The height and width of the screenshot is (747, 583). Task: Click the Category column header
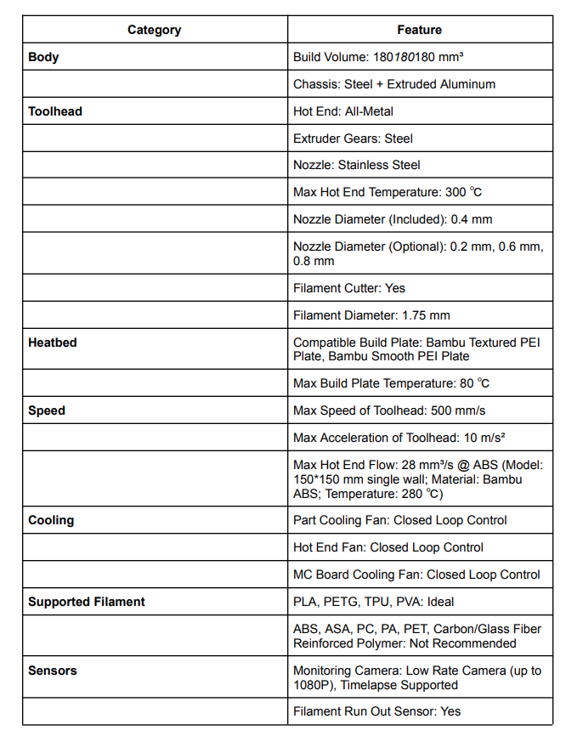(154, 30)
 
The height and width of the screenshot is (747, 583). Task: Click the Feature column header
(419, 30)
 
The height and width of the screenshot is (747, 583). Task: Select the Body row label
(43, 57)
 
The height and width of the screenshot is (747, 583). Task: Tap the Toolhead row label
(55, 111)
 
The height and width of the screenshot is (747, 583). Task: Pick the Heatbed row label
(53, 342)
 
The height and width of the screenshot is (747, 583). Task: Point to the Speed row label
(47, 410)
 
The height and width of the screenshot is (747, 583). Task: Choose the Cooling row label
(51, 520)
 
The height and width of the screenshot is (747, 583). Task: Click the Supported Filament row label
(87, 602)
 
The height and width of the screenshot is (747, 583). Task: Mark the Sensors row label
(53, 671)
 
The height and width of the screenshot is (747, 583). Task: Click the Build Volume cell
(378, 57)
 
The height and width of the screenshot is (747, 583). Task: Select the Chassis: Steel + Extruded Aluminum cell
(394, 84)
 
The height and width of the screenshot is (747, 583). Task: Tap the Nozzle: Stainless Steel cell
(357, 165)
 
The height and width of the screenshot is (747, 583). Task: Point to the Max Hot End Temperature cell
(388, 192)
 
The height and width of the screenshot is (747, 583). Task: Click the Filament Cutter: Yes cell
(349, 288)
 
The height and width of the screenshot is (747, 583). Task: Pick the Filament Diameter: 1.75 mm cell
(371, 315)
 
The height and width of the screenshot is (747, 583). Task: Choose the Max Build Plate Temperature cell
(391, 383)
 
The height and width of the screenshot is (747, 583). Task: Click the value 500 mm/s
(460, 410)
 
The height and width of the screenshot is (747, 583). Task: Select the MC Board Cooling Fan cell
(416, 574)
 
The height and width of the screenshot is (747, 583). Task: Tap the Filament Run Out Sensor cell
(377, 711)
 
